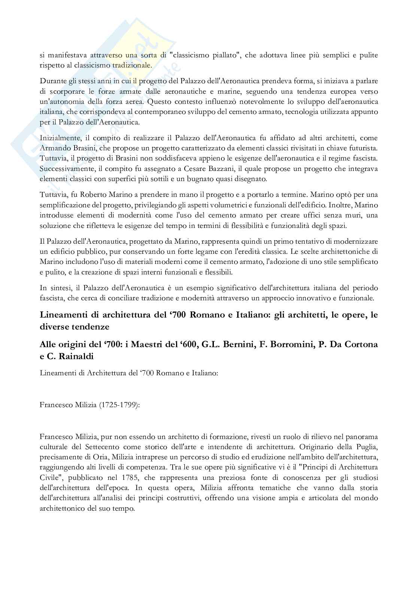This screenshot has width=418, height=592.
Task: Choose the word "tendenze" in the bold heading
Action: pos(93,327)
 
